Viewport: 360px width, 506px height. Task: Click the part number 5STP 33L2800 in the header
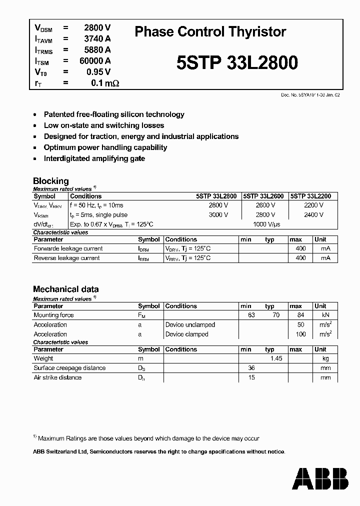click(x=237, y=62)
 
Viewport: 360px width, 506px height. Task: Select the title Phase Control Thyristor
click(x=210, y=31)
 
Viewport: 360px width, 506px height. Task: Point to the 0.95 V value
click(x=98, y=71)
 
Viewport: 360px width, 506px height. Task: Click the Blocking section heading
click(x=50, y=180)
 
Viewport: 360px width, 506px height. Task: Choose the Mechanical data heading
click(x=65, y=289)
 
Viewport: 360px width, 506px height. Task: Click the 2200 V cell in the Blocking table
click(x=313, y=205)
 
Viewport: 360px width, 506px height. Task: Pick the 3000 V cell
click(x=218, y=215)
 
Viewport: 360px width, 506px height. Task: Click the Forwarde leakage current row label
click(x=68, y=248)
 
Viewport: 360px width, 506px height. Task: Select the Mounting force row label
click(x=53, y=315)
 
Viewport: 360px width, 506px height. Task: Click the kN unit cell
click(x=325, y=315)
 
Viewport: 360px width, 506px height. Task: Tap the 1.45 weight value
click(x=276, y=358)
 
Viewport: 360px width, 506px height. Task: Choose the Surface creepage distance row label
click(x=69, y=368)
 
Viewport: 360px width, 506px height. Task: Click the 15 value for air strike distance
click(x=251, y=377)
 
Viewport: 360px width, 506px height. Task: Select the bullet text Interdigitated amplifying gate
click(x=94, y=158)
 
